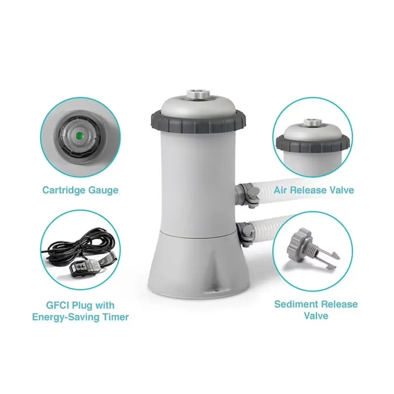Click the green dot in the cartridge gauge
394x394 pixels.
[80, 136]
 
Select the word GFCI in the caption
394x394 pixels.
[58, 306]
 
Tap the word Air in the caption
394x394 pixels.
[280, 190]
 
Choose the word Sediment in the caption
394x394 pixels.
[295, 304]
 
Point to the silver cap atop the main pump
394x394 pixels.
[198, 95]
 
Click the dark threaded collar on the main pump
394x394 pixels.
[198, 122]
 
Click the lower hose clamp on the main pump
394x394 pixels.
[245, 233]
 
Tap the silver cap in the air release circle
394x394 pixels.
[313, 122]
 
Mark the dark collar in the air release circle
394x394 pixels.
[313, 143]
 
